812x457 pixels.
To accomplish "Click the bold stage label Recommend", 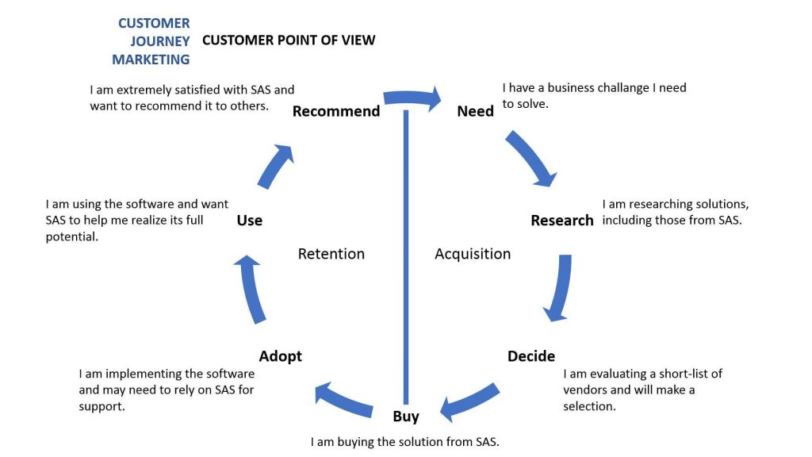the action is [336, 111].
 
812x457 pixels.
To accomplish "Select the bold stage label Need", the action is [476, 111].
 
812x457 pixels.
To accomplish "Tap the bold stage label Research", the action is [562, 221].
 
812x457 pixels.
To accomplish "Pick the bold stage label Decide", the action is [530, 356].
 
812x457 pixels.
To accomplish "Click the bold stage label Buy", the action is [406, 416].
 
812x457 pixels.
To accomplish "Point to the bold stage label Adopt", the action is [280, 356].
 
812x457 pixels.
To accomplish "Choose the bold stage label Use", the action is [250, 221].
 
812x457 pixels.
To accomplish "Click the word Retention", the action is [331, 254].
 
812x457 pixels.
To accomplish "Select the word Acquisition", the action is [473, 254].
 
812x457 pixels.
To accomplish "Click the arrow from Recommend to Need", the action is [412, 98].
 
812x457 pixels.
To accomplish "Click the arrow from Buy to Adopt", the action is [343, 401].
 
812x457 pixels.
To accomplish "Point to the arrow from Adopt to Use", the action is [252, 289].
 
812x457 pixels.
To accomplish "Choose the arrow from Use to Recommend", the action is [274, 167].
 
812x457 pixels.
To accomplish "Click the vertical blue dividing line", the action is [406, 256].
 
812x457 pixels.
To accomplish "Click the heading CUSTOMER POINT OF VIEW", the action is [289, 40].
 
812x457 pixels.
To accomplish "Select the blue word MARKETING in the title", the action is [151, 60].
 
